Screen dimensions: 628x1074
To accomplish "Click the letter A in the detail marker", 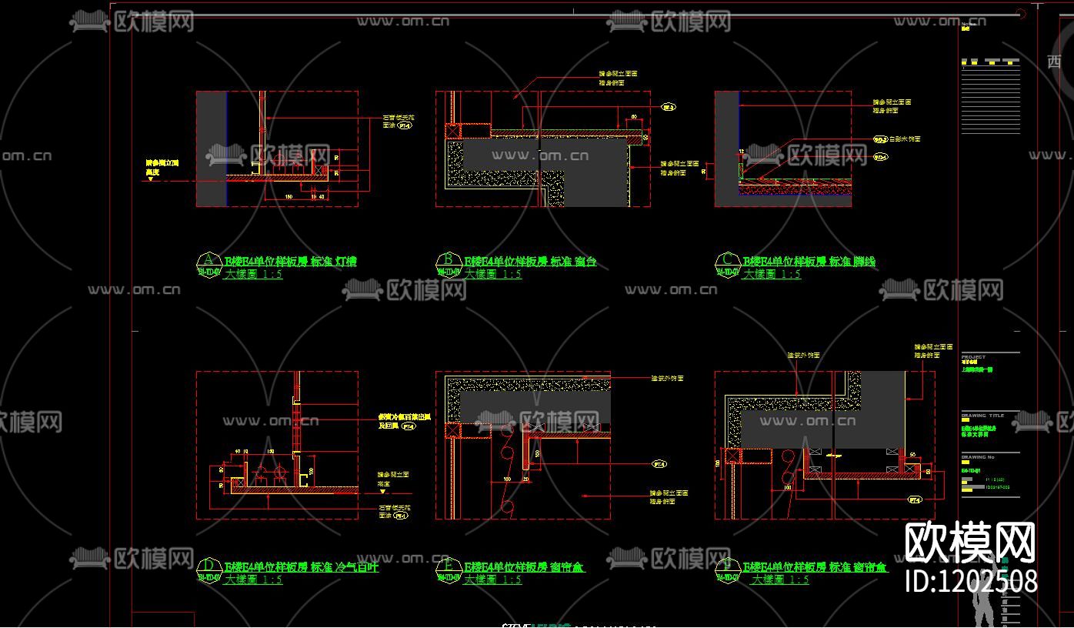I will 207,261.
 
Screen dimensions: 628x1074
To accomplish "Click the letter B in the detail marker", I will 447,261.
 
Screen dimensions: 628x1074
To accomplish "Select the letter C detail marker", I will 725,261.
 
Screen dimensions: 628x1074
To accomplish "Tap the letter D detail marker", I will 207,567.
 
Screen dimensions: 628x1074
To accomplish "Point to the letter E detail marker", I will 447,567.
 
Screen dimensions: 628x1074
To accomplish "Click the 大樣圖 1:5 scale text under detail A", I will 253,274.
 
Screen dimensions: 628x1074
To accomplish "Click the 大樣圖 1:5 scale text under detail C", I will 772,274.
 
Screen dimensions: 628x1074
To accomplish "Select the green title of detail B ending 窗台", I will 530,262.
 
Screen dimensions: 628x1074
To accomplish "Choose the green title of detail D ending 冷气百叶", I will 302,568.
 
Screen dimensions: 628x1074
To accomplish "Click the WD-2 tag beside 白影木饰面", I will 879,139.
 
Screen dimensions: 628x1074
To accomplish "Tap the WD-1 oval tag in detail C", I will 880,157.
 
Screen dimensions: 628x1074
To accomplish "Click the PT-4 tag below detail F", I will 916,499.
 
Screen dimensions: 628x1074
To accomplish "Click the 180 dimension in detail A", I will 289,197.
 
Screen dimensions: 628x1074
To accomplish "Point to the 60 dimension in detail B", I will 634,117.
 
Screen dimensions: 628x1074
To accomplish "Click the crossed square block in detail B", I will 453,131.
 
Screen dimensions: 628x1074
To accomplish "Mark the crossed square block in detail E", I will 452,429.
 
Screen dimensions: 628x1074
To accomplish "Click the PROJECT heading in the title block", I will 973,357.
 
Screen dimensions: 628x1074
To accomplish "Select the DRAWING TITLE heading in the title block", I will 982,416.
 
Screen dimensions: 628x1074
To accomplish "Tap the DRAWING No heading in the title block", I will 978,457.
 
